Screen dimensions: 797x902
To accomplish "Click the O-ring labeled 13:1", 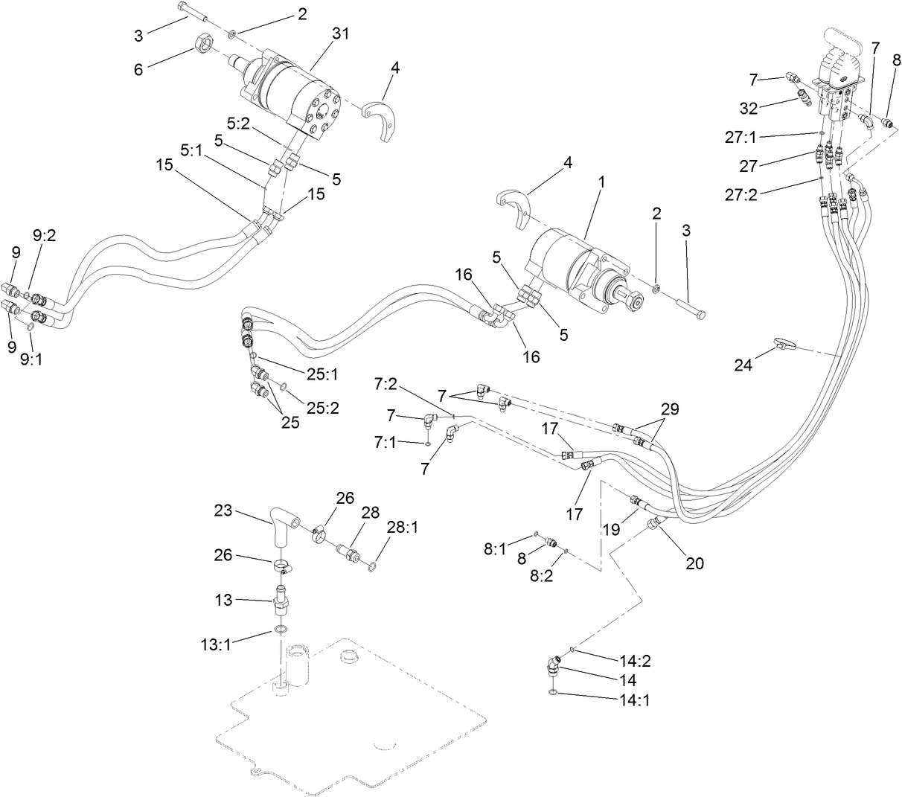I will coord(280,630).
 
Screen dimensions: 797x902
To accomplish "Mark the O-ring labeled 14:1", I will coord(551,694).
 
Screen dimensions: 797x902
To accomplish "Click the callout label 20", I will coord(694,563).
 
